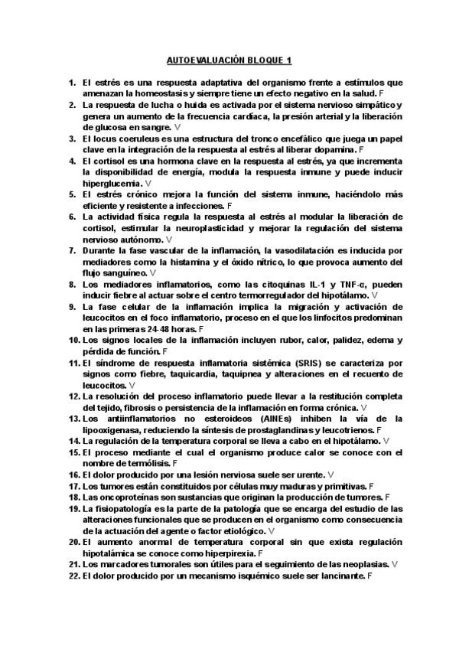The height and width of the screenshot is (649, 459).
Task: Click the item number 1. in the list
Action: [x=72, y=81]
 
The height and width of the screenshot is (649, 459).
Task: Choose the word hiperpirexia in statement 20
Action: [x=233, y=552]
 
